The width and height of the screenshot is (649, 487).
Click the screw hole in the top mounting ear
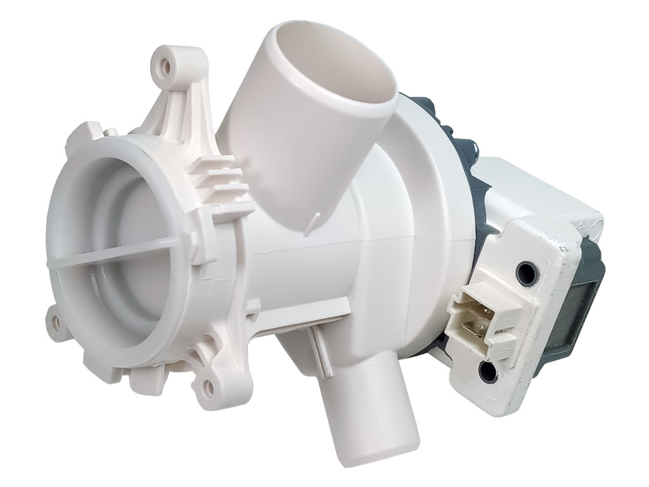pos(167,64)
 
